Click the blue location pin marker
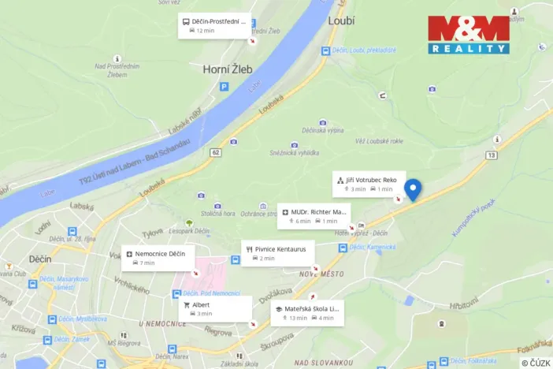(x=412, y=189)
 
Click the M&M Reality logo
(x=469, y=35)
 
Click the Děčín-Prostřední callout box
(x=213, y=26)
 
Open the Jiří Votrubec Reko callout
(x=369, y=184)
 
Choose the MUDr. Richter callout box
(x=314, y=215)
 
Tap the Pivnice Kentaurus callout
(x=277, y=253)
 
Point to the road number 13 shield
(x=491, y=155)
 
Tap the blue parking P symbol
(x=224, y=88)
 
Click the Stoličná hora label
(x=217, y=213)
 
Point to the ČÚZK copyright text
(x=536, y=362)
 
